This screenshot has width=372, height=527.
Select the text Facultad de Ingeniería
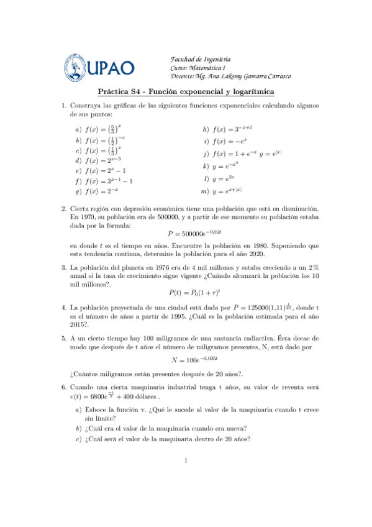point(201,56)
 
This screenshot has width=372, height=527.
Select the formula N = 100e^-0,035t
point(186,359)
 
